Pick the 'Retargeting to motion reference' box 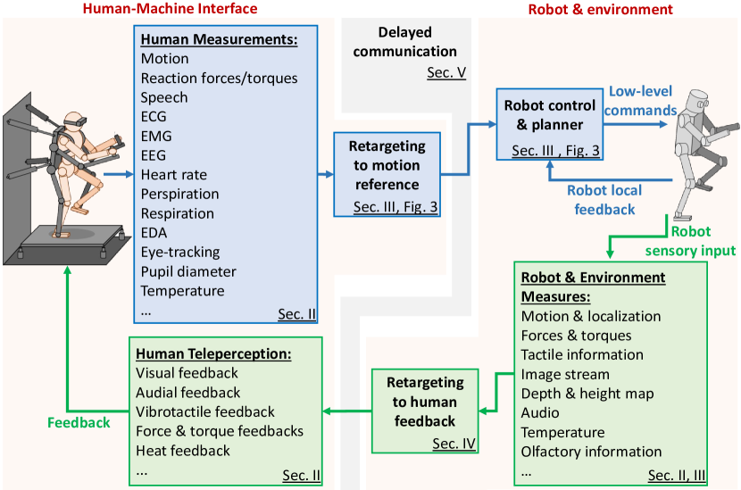point(387,174)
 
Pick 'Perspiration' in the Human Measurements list point(179,194)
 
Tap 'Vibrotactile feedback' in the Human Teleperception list point(204,411)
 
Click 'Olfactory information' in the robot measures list point(591,452)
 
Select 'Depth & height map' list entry point(587,394)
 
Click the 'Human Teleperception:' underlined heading point(213,353)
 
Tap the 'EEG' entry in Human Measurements point(154,155)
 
